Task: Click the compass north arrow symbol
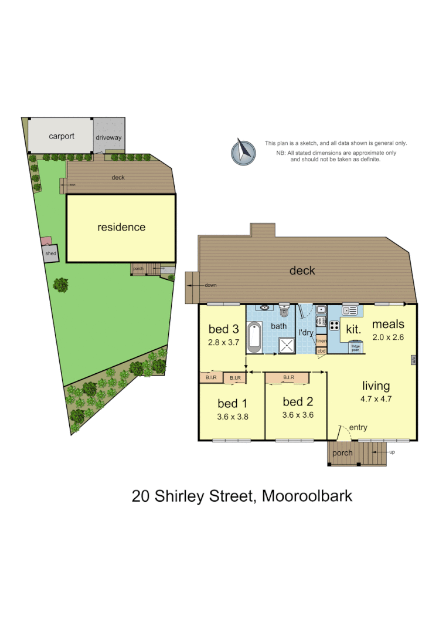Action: [244, 151]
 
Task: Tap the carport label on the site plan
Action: [62, 136]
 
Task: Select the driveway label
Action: [109, 138]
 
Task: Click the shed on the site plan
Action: [50, 253]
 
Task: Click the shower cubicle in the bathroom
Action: [286, 345]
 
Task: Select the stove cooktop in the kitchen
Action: [334, 326]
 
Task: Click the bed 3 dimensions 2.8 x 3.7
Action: [223, 342]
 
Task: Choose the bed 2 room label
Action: [297, 402]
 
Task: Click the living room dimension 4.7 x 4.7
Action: [376, 399]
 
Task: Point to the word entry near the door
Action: [358, 428]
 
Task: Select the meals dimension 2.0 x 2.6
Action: [388, 337]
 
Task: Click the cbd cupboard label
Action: [321, 351]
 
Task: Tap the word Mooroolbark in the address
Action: [307, 496]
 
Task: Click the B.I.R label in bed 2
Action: [288, 378]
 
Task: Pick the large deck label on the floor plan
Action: [302, 271]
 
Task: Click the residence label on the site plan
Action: [121, 227]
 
